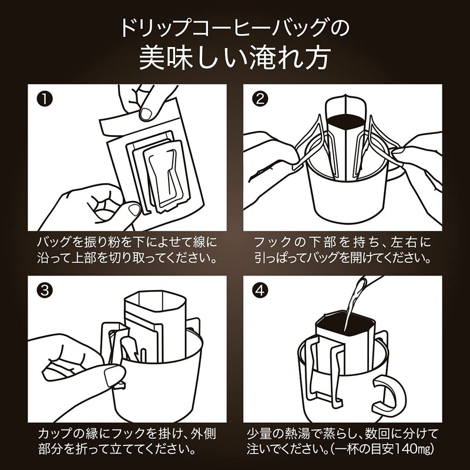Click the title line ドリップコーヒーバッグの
pyautogui.click(x=235, y=28)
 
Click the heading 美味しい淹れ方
pyautogui.click(x=235, y=59)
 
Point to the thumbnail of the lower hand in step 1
pyautogui.click(x=133, y=209)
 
